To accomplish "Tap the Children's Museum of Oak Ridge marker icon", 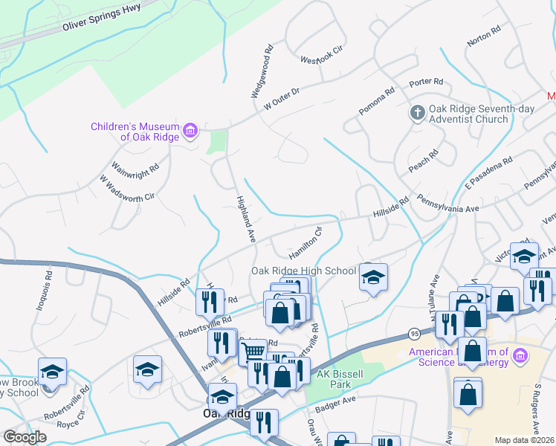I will click(x=190, y=132).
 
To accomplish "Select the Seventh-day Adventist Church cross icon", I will click(x=418, y=114).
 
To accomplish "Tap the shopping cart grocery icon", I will click(x=254, y=351).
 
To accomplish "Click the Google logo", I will click(x=25, y=436).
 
